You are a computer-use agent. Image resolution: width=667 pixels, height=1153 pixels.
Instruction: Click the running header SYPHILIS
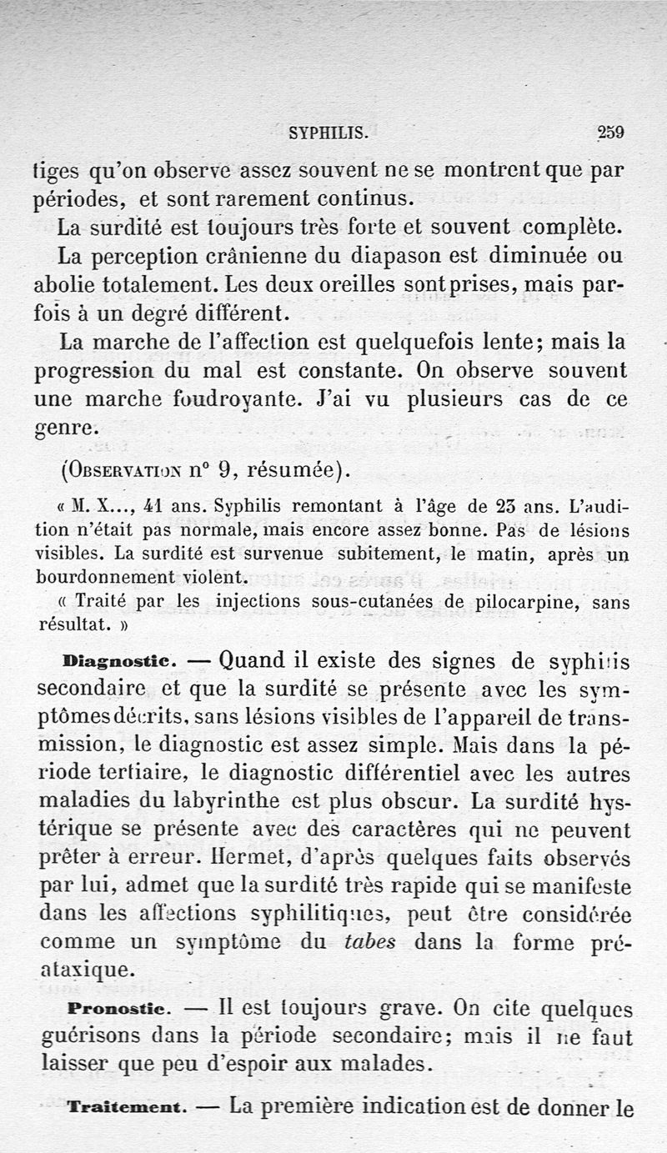[x=327, y=132]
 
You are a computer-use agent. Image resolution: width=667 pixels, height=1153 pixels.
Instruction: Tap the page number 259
[x=611, y=132]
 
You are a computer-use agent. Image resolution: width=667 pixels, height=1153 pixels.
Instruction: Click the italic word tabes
[x=369, y=941]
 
